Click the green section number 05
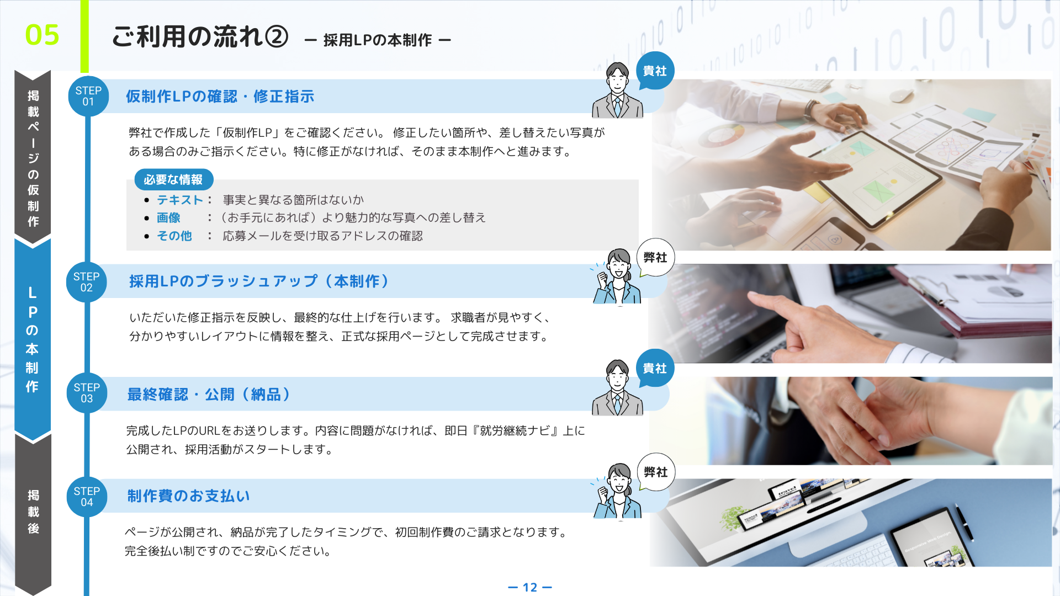pyautogui.click(x=42, y=35)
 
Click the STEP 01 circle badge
pyautogui.click(x=88, y=96)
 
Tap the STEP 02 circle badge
pyautogui.click(x=87, y=282)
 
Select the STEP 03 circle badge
pyautogui.click(x=87, y=393)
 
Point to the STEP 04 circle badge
pyautogui.click(x=87, y=497)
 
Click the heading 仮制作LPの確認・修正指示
pyautogui.click(x=220, y=97)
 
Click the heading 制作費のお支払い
pyautogui.click(x=188, y=496)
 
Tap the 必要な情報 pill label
pyautogui.click(x=173, y=179)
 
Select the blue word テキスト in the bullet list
pyautogui.click(x=180, y=200)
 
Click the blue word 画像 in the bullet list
pyautogui.click(x=168, y=217)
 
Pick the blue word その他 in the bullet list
pyautogui.click(x=174, y=236)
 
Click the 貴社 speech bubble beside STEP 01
pyautogui.click(x=655, y=71)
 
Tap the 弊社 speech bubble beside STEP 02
pyautogui.click(x=655, y=258)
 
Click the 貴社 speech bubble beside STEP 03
pyautogui.click(x=655, y=368)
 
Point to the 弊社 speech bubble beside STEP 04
pyautogui.click(x=656, y=472)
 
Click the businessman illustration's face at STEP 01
pyautogui.click(x=618, y=82)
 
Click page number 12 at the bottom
pyautogui.click(x=530, y=587)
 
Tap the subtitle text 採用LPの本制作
pyautogui.click(x=378, y=40)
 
